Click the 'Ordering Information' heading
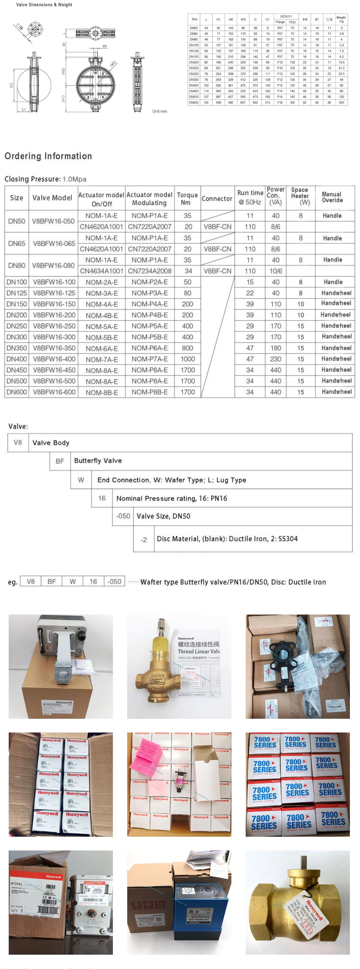[x=48, y=156]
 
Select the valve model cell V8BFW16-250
[x=54, y=326]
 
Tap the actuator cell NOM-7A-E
[x=102, y=359]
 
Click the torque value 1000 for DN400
[x=187, y=359]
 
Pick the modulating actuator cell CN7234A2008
[x=150, y=271]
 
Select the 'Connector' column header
[x=217, y=199]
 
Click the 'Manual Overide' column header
[x=332, y=197]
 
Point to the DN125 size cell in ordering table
[x=17, y=293]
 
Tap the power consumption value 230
[x=275, y=359]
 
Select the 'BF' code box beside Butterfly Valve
[x=60, y=461]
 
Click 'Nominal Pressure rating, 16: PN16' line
[x=172, y=499]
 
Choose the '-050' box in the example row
[x=114, y=582]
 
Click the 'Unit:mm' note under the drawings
[x=160, y=111]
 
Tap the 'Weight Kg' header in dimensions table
[x=341, y=19]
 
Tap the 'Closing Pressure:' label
[x=32, y=179]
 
